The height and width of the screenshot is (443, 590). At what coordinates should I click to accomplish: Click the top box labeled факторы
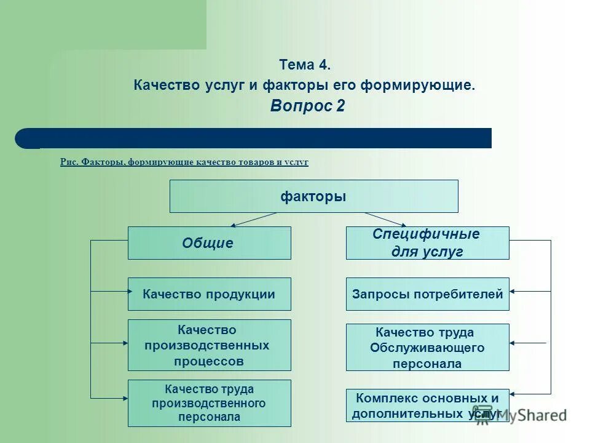(313, 196)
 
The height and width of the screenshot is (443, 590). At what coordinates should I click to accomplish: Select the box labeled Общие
(209, 243)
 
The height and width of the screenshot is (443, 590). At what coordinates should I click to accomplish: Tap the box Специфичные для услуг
(427, 243)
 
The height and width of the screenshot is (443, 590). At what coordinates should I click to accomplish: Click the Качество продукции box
(209, 294)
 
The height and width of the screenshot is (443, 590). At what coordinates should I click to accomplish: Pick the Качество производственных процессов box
(209, 345)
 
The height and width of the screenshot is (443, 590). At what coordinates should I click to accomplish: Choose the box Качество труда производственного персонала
(209, 403)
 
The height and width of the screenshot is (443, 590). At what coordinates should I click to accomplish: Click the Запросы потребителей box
(427, 294)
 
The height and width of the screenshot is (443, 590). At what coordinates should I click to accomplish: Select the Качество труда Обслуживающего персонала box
(427, 348)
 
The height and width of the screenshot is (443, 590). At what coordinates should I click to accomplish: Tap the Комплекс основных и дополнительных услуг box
(427, 405)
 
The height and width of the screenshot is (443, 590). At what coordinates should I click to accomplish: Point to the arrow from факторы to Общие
(253, 220)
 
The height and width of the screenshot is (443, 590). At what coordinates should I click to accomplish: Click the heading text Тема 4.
(305, 65)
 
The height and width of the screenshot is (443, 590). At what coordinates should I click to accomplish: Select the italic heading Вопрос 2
(307, 106)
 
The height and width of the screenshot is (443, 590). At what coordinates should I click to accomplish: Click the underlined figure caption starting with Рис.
(184, 162)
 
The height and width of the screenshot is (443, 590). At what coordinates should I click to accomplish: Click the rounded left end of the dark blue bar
(25, 138)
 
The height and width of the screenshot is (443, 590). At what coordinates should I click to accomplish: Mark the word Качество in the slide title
(164, 85)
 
